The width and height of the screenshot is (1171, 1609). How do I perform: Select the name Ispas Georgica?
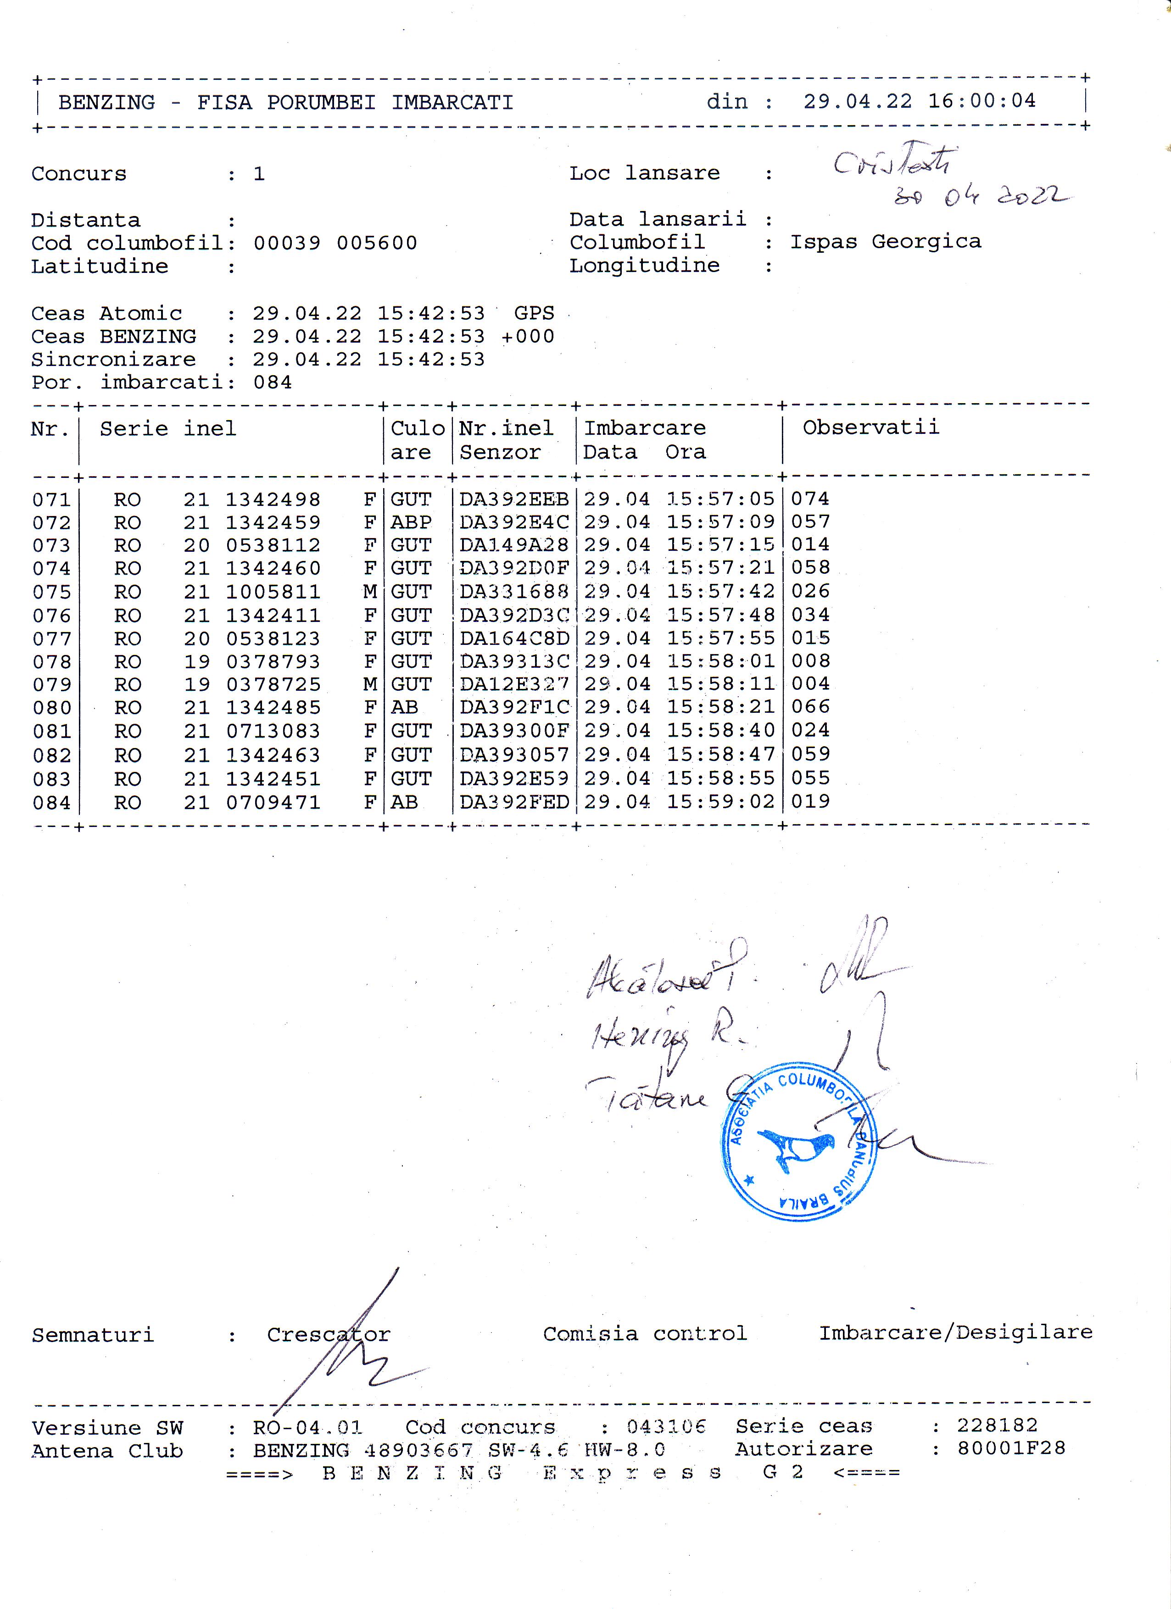coord(886,242)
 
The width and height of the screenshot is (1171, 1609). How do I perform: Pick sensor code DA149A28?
coord(514,545)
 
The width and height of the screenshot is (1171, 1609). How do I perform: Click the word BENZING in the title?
coord(106,103)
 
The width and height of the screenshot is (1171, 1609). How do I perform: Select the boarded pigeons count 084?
coord(273,383)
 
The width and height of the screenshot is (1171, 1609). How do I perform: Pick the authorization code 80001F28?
coord(1010,1448)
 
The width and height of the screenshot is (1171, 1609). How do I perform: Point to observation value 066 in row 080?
coord(810,707)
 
